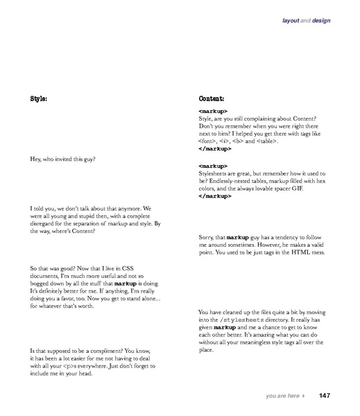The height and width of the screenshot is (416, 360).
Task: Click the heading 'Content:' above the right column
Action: point(212,98)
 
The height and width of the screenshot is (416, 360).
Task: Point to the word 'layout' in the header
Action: point(291,21)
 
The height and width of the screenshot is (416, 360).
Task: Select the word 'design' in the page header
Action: point(322,21)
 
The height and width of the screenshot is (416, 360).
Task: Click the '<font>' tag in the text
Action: point(207,141)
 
